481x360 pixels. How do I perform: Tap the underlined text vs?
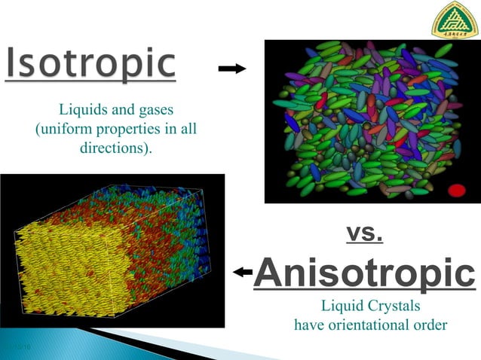coord(365,234)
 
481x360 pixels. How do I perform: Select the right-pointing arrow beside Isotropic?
coord(231,69)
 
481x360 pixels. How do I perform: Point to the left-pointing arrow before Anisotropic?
coord(243,273)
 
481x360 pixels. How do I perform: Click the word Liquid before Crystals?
coord(340,307)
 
